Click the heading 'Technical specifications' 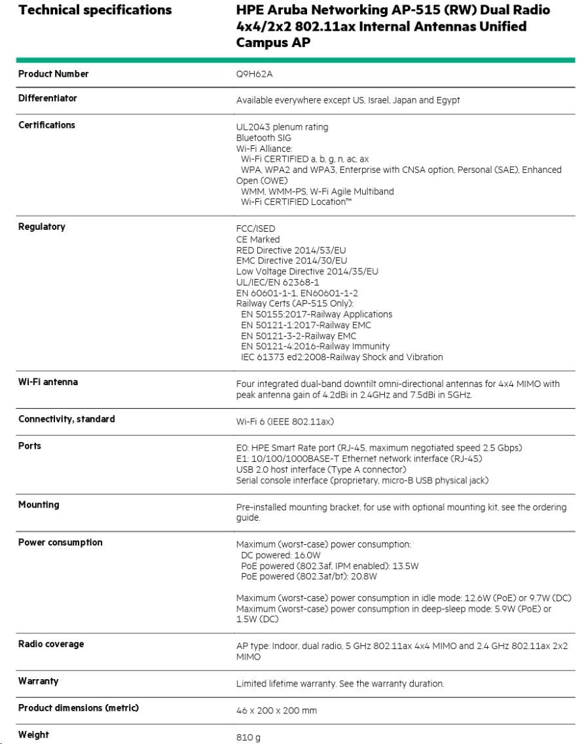95,10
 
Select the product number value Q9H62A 254,74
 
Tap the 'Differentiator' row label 47,98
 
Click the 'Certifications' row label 46,125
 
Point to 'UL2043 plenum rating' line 282,126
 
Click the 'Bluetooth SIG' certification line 263,138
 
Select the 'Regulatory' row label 42,227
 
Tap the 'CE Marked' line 257,239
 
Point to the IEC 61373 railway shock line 342,357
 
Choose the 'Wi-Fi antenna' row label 48,382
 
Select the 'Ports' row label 29,446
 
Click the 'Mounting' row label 39,505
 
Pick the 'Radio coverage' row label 51,644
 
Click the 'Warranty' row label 38,681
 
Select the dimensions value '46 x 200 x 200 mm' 277,710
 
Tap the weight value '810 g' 248,737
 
